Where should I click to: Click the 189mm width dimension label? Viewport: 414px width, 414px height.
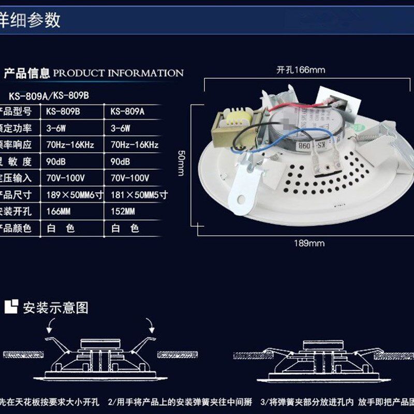pos(309,243)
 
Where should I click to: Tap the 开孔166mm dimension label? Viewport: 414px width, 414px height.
pos(301,70)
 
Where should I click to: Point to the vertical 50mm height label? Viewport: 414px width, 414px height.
pos(181,163)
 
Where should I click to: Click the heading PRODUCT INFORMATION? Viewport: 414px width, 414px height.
pos(119,73)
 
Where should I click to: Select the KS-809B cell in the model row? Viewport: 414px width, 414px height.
pos(63,111)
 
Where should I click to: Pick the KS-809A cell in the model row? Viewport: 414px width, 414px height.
pos(127,111)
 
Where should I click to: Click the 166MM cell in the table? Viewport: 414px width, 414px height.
pos(58,211)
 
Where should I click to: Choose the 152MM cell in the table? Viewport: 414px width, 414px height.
pos(123,211)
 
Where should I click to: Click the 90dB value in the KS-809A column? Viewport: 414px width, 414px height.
pos(120,161)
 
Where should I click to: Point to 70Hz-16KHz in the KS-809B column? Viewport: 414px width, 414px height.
pos(70,145)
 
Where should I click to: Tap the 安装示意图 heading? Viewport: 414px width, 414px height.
pos(55,308)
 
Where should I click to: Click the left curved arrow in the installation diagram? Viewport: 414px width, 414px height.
pos(52,326)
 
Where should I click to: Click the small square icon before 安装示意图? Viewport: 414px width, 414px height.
pos(11,306)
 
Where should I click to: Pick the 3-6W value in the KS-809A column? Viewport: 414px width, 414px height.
pos(120,128)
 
